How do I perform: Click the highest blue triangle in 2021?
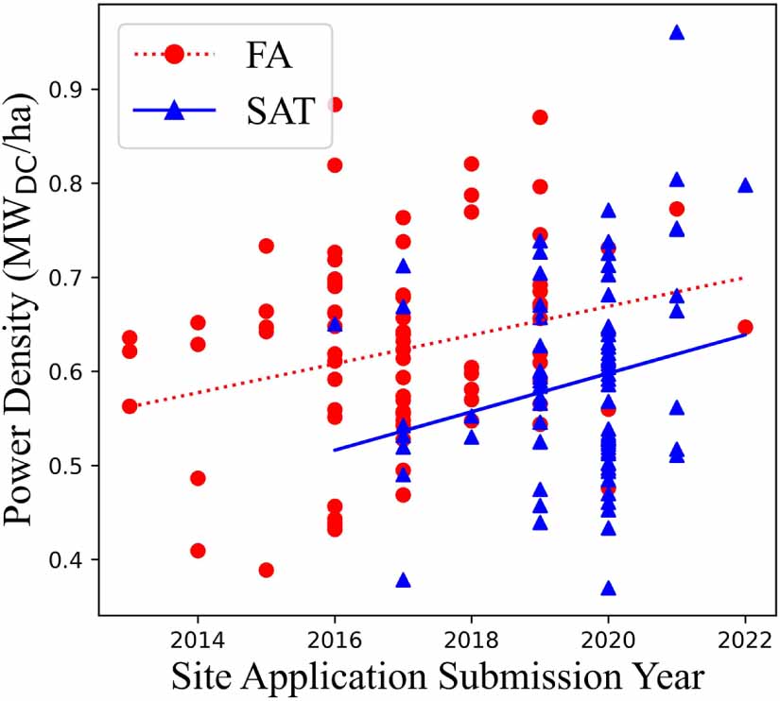tap(677, 32)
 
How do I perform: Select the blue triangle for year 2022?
tap(745, 185)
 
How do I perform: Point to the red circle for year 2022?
tap(745, 327)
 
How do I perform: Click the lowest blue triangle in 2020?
tap(609, 588)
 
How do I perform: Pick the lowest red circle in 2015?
tap(266, 570)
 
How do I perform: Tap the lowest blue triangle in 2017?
tap(403, 580)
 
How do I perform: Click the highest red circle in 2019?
tap(540, 117)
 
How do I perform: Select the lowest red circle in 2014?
tap(198, 551)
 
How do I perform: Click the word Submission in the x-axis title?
tap(507, 677)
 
